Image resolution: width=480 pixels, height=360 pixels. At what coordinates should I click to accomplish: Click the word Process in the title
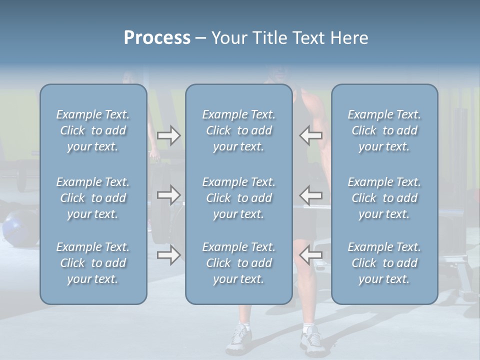point(157,38)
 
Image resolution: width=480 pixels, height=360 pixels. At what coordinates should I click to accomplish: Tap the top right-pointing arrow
point(168,135)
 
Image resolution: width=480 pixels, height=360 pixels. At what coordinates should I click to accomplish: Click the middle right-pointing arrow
point(168,194)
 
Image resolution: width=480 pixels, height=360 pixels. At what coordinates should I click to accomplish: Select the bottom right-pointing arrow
point(168,255)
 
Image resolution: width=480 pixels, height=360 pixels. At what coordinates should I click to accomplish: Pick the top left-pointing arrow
point(311,135)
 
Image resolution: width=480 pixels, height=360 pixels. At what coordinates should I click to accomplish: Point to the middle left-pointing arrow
point(311,194)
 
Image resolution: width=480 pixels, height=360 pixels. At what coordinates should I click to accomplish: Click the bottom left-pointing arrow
point(311,255)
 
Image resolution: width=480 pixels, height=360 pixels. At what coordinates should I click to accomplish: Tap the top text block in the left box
point(93,130)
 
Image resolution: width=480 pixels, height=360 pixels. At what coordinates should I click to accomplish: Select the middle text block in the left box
point(93,198)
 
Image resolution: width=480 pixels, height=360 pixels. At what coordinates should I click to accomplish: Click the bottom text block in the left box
point(93,263)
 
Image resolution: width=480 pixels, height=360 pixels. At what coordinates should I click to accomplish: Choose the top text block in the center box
point(238,130)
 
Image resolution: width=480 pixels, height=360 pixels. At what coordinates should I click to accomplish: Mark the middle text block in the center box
point(238,198)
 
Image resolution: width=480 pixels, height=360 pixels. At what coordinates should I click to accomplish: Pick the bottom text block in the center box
point(238,263)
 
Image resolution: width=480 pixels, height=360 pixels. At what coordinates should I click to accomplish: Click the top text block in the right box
point(384,130)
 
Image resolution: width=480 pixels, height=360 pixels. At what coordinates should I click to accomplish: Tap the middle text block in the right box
point(384,198)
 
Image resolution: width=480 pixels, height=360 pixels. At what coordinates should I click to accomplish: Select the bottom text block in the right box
point(384,263)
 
